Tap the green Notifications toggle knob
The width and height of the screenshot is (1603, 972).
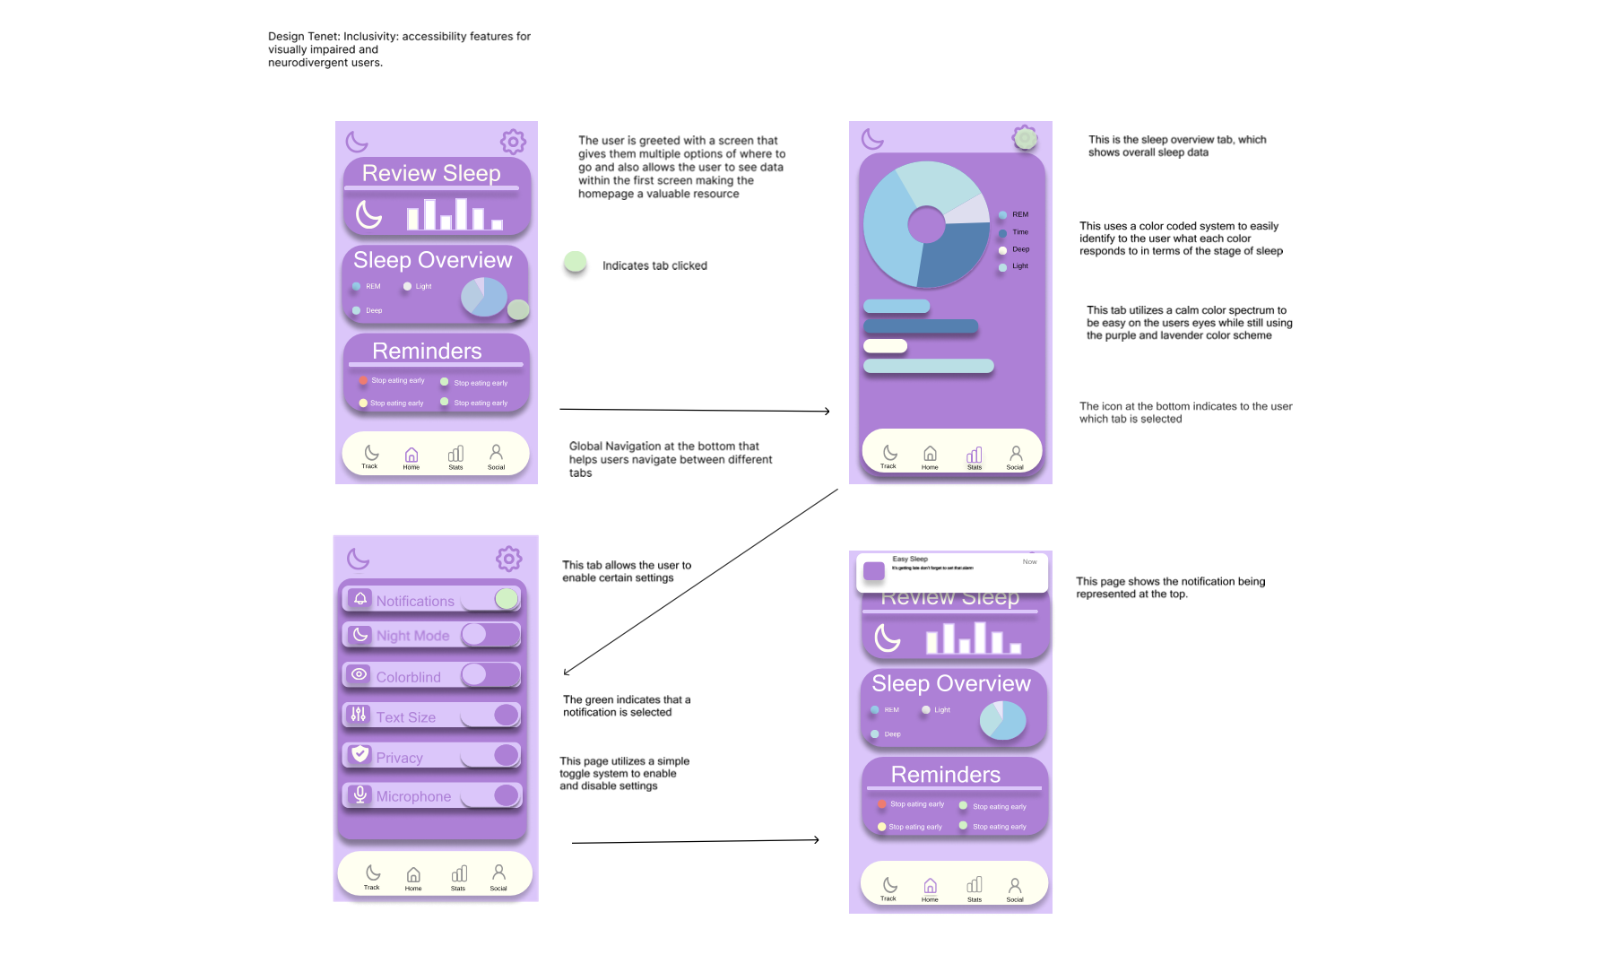click(x=507, y=598)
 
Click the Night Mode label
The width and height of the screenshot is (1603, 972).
click(x=412, y=636)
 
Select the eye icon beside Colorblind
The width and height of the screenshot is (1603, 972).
click(x=360, y=674)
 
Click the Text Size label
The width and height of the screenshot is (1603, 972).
click(x=405, y=717)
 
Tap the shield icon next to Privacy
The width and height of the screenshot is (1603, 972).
click(x=360, y=754)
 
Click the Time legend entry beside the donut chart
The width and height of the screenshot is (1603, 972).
click(x=1020, y=232)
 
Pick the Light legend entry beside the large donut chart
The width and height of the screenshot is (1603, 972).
click(x=1020, y=266)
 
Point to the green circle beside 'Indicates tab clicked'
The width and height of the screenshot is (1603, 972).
click(x=575, y=263)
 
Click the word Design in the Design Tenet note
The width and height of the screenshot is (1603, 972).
click(x=286, y=37)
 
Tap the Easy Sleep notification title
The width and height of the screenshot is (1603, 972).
click(x=910, y=559)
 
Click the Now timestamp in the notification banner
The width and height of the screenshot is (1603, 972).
click(x=1029, y=562)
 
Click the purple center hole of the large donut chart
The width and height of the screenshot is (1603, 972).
click(x=926, y=224)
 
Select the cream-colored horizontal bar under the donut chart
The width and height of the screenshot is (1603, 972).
click(x=885, y=346)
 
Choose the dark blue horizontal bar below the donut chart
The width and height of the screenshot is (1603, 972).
click(x=920, y=326)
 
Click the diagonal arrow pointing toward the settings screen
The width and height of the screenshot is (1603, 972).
click(x=699, y=582)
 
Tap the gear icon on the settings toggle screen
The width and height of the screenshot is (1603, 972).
click(x=508, y=559)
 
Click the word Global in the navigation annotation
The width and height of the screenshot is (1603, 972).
click(x=585, y=447)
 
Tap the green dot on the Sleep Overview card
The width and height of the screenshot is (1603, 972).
click(x=517, y=310)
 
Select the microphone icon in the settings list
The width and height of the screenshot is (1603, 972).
click(x=360, y=794)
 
